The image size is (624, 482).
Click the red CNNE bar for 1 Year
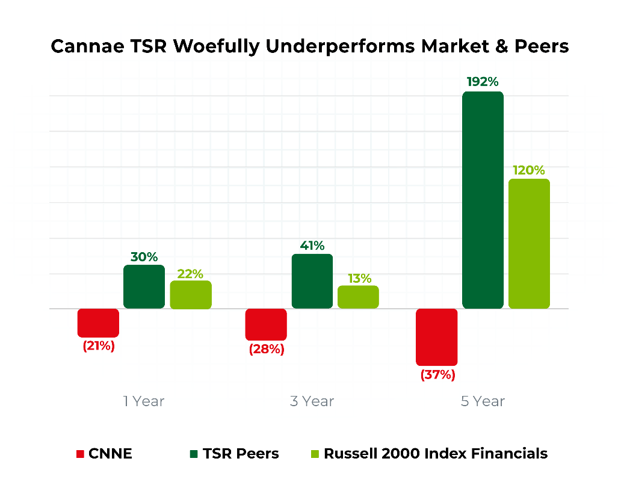98,323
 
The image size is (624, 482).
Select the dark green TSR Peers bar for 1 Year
144,287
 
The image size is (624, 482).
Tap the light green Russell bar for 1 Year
191,295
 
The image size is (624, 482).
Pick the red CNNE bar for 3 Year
266,324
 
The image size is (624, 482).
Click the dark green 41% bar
312,281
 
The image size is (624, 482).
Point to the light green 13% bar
358,297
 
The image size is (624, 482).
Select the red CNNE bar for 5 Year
437,337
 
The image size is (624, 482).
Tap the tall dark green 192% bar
483,200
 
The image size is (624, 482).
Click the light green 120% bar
529,244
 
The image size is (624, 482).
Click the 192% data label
483,82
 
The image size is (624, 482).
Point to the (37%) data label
437,375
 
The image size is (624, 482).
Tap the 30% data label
144,256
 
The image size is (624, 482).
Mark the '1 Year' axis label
144,401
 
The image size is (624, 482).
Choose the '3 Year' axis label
312,401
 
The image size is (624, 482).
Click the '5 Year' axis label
483,401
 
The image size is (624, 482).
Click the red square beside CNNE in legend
80,454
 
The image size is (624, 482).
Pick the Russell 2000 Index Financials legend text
436,454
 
